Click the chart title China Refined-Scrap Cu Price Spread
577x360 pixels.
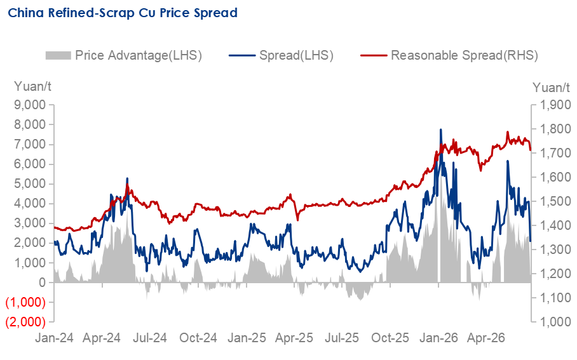point(123,13)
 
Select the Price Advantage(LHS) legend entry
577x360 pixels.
point(124,55)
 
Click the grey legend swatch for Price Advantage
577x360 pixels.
point(58,55)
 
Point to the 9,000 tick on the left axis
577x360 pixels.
point(30,105)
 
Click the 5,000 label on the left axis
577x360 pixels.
point(30,184)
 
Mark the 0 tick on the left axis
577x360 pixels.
point(43,283)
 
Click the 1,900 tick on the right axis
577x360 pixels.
point(555,105)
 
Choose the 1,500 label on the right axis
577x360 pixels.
point(555,201)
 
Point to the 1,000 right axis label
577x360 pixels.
point(555,322)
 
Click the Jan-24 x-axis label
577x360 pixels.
point(54,338)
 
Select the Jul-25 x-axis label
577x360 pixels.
point(342,338)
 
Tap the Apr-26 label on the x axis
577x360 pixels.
point(486,338)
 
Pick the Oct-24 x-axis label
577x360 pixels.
point(198,338)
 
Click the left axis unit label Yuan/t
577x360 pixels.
point(32,87)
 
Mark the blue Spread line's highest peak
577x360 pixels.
point(440,130)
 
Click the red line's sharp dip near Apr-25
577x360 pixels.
point(297,220)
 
